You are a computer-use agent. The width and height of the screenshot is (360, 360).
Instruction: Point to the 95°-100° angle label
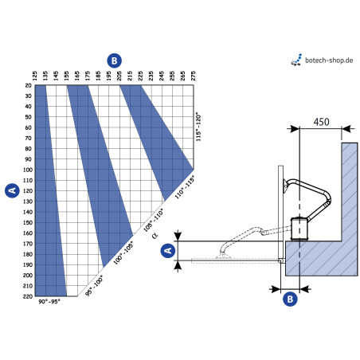(94, 284)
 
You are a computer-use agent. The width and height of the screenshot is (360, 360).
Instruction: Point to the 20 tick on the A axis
(28, 85)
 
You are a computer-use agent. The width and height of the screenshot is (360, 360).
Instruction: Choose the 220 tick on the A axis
(28, 295)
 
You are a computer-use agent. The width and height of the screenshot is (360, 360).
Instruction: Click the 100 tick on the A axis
(28, 170)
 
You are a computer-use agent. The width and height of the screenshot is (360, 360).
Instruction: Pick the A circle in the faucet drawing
(168, 250)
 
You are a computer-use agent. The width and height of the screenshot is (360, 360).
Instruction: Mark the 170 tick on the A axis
(28, 243)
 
